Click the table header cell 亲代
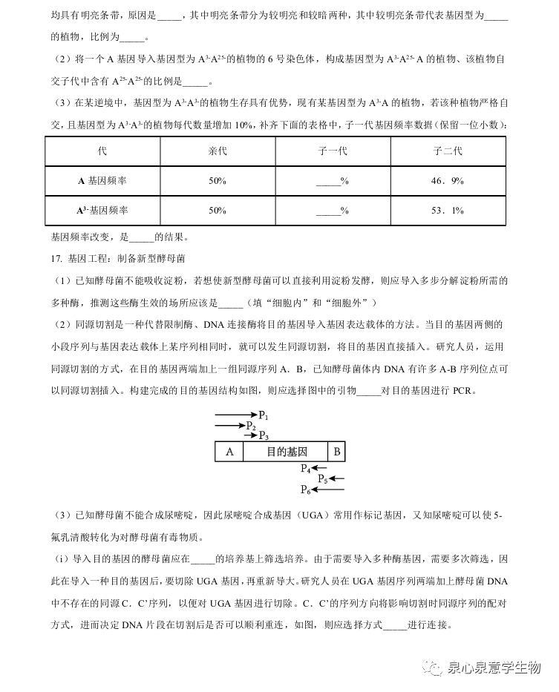click(218, 151)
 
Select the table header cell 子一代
click(333, 151)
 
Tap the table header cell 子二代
click(448, 151)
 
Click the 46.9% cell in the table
click(448, 181)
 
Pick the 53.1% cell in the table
click(448, 211)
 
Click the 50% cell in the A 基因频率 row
click(218, 181)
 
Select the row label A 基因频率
click(102, 181)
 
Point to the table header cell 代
click(102, 151)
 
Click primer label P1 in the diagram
click(264, 415)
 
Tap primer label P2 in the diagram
click(252, 426)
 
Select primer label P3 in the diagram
click(264, 435)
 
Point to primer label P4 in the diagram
click(305, 468)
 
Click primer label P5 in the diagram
click(323, 479)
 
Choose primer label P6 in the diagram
click(305, 490)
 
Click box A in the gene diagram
click(229, 452)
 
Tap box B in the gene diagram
click(336, 452)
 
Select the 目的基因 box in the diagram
click(286, 452)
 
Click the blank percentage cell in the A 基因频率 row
click(333, 181)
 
